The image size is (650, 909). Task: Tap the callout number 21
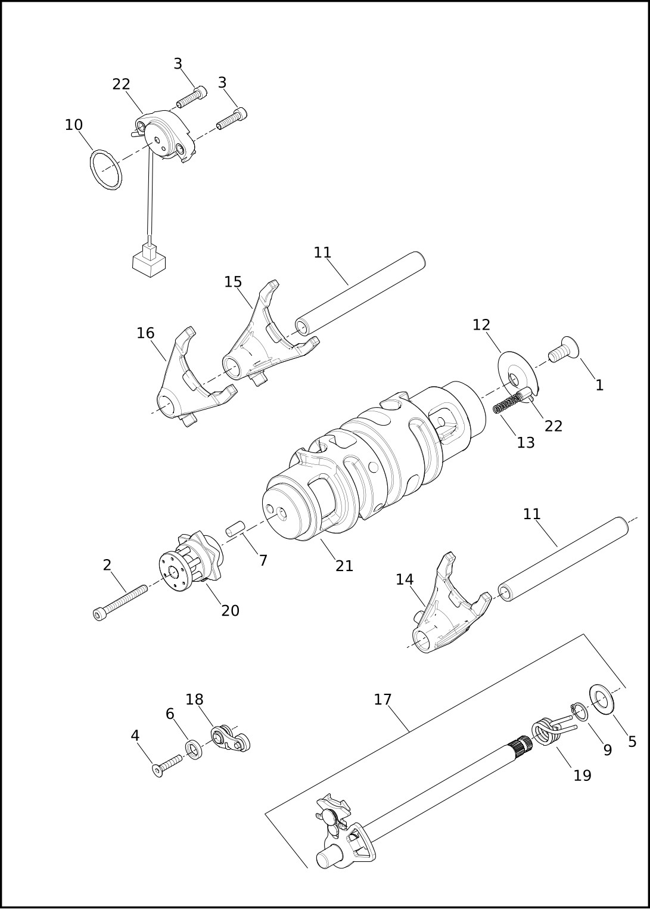(x=344, y=565)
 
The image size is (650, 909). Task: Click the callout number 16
(x=145, y=333)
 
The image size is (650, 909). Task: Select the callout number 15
(x=233, y=281)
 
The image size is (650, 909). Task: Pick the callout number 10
(x=74, y=125)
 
